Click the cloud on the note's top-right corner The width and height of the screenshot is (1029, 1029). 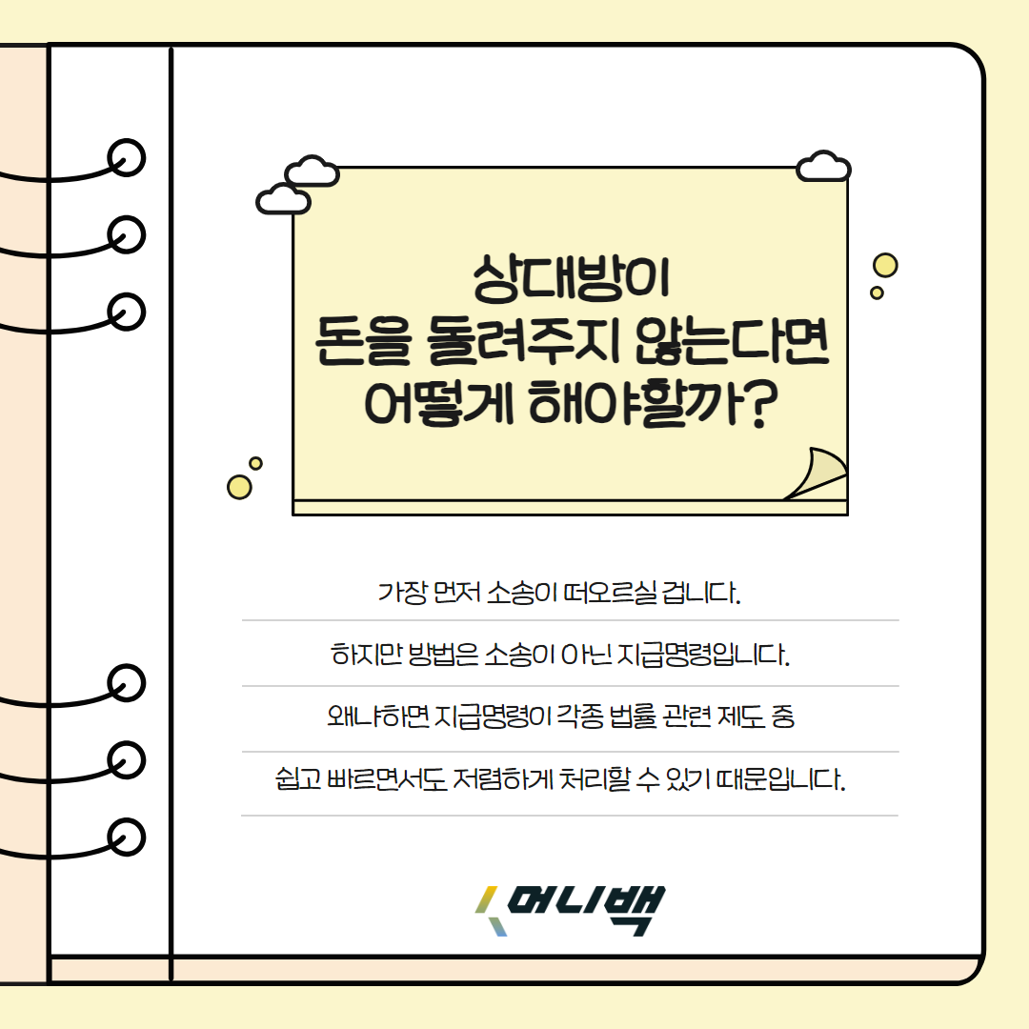822,167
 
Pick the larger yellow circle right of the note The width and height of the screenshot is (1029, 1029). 885,266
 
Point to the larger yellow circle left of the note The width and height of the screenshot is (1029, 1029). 239,487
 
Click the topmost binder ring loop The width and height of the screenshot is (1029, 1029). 126,157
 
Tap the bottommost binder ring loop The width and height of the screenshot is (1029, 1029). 126,836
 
